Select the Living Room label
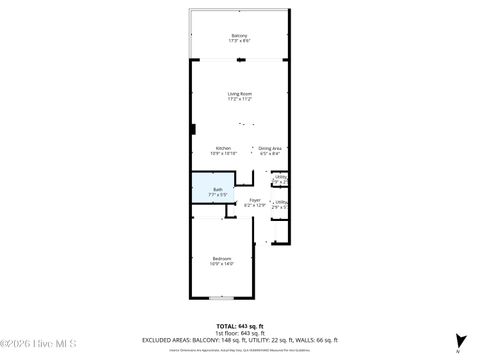pyautogui.click(x=240, y=94)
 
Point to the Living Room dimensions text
pyautogui.click(x=240, y=100)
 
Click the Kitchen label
pyautogui.click(x=222, y=148)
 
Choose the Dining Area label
pyautogui.click(x=270, y=148)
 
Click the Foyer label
pyautogui.click(x=256, y=200)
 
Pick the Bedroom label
pyautogui.click(x=221, y=258)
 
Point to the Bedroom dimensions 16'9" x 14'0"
pyautogui.click(x=221, y=264)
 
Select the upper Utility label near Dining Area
pyautogui.click(x=282, y=177)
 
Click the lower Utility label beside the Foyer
pyautogui.click(x=283, y=201)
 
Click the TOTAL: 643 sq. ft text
pyautogui.click(x=240, y=326)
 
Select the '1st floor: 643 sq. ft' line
pyautogui.click(x=240, y=333)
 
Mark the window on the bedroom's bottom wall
pyautogui.click(x=221, y=298)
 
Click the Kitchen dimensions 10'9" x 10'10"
pyautogui.click(x=222, y=154)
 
